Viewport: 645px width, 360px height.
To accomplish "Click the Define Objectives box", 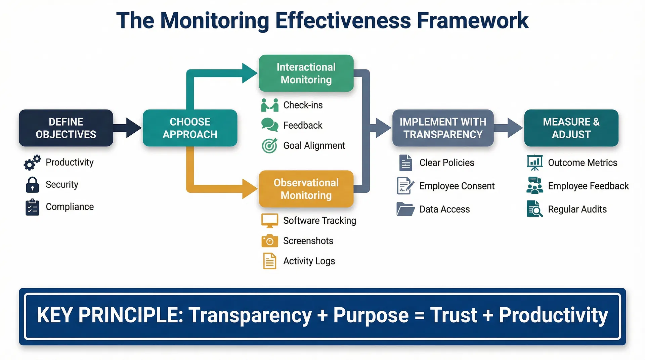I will click(66, 128).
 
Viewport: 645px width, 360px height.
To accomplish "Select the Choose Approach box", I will click(190, 128).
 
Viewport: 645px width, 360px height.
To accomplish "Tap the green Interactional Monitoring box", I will click(306, 73).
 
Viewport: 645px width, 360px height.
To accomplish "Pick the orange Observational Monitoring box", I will click(306, 189).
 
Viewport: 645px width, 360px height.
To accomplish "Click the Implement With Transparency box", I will click(443, 128).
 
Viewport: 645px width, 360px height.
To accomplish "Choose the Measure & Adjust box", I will click(571, 128).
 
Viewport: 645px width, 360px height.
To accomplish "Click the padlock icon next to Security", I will click(32, 185).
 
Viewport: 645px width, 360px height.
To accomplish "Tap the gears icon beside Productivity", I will click(32, 163).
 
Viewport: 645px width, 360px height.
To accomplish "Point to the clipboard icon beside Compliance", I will click(32, 207).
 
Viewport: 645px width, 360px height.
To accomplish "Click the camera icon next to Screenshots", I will click(269, 241).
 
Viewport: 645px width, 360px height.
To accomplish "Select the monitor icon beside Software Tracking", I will click(269, 221).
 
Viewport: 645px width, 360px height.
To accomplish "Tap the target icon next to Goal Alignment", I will click(269, 146).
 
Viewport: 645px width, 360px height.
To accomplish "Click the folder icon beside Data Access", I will click(405, 209).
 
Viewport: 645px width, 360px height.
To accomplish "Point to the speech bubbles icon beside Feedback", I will click(269, 125).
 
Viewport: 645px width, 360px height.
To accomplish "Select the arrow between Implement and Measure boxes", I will click(509, 128).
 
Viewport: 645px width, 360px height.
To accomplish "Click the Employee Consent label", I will click(457, 186).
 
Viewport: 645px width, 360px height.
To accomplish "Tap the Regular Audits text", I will click(577, 209).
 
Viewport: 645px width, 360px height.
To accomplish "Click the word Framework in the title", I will click(473, 21).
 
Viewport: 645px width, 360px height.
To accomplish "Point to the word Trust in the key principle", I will click(454, 315).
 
